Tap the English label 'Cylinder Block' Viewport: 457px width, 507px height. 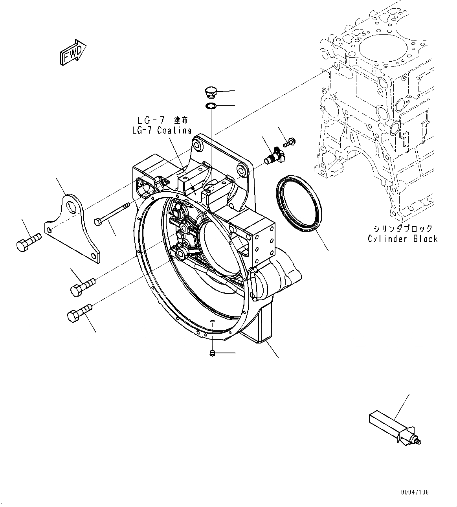pyautogui.click(x=402, y=239)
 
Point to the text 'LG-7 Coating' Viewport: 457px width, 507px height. pyautogui.click(x=162, y=130)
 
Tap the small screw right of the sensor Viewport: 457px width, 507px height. pyautogui.click(x=290, y=142)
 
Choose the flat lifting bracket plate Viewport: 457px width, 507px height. pyautogui.click(x=73, y=228)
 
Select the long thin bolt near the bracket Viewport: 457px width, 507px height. pyautogui.click(x=113, y=214)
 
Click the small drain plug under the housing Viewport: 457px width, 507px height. pyautogui.click(x=212, y=353)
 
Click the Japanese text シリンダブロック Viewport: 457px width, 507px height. pyautogui.click(x=403, y=228)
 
